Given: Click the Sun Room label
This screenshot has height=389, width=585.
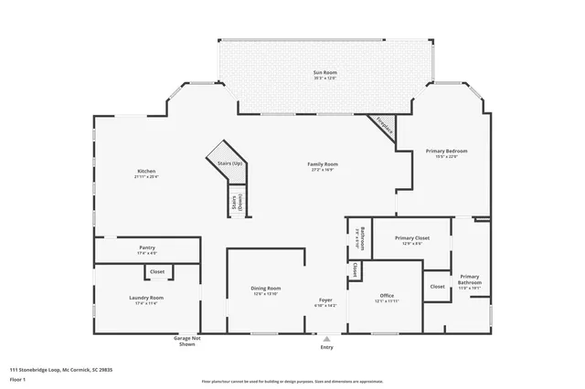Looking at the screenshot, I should [x=325, y=74].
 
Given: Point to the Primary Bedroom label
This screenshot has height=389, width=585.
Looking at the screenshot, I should [x=452, y=152].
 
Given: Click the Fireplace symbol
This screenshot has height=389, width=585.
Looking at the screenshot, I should [x=385, y=128].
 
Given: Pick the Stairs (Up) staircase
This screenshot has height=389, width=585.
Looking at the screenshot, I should [x=228, y=161].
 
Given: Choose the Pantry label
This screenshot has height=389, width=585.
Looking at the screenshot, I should [x=146, y=249].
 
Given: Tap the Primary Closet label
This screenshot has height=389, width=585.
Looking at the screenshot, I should [x=411, y=240].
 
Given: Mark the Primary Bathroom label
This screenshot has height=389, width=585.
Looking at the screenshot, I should [x=470, y=280].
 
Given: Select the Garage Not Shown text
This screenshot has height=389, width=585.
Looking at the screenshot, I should [x=186, y=342].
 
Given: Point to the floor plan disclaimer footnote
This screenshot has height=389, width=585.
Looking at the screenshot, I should [x=292, y=382].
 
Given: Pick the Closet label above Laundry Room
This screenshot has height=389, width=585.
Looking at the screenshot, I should [x=157, y=271].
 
